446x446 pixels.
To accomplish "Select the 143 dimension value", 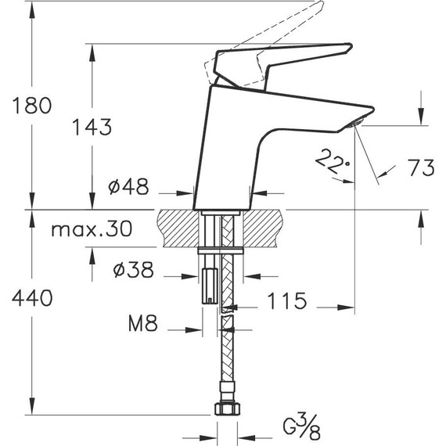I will (91, 127).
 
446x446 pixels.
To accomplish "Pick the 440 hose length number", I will (31, 298).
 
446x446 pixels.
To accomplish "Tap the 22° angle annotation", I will (331, 162).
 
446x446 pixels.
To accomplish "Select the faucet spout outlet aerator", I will (356, 124).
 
